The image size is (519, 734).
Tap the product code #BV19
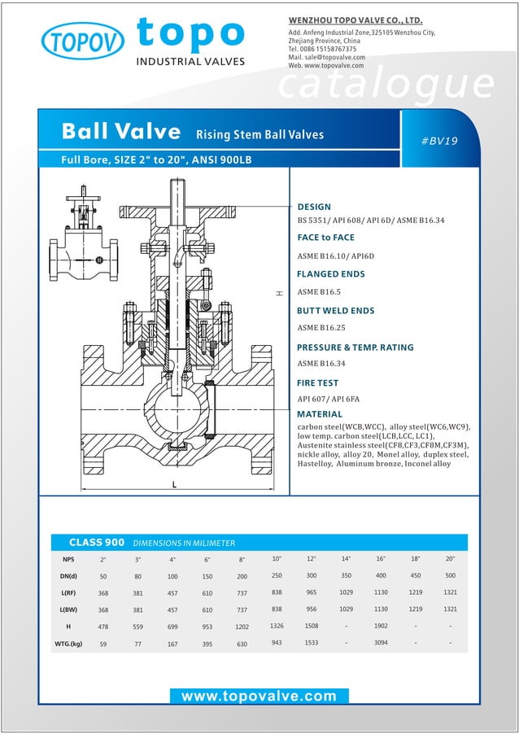point(439,141)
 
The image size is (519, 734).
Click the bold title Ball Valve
point(121,132)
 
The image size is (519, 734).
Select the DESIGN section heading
point(314,207)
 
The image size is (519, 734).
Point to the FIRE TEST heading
point(317,382)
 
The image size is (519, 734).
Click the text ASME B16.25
point(321,328)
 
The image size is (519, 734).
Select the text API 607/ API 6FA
point(328,399)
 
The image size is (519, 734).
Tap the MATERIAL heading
point(320,414)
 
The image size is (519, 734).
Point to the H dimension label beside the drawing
point(278,293)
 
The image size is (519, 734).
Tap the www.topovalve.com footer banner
point(259,696)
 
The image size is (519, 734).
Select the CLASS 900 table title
point(96,543)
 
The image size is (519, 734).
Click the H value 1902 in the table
point(381,627)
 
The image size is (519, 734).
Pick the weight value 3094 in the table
point(381,644)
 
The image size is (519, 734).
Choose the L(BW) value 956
point(311,609)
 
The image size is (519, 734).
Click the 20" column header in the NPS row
point(450,559)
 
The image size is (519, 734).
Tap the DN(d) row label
point(68,575)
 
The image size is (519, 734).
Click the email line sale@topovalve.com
point(326,57)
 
